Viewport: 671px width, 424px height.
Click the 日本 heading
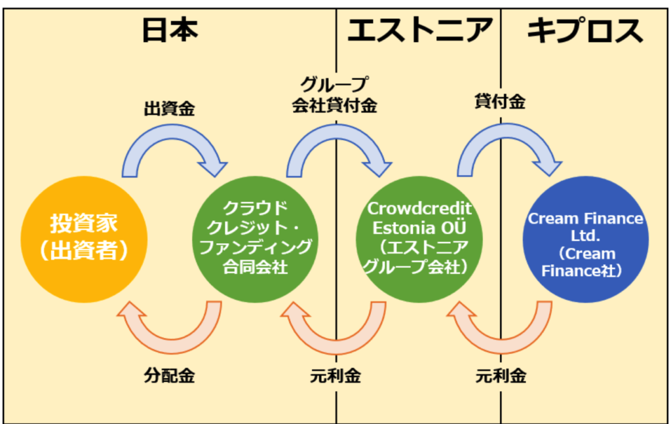170,30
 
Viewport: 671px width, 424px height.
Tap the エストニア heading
419,30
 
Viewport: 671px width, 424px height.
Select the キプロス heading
585,31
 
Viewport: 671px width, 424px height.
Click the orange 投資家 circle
84,239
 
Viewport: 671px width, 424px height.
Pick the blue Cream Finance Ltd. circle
585,239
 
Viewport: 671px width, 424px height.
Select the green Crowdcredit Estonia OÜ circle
419,239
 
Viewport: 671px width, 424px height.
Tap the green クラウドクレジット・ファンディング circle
255,239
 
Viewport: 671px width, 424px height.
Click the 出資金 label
170,109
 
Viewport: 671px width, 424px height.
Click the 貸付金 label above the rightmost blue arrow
500,102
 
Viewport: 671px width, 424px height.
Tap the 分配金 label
170,376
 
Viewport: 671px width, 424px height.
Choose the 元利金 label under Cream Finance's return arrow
501,376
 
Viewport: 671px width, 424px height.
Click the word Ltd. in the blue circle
585,236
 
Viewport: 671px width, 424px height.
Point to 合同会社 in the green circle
255,267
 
